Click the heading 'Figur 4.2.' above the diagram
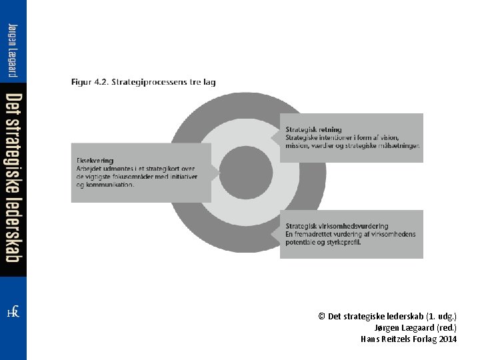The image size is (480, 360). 91,83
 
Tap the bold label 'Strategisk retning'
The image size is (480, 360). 313,129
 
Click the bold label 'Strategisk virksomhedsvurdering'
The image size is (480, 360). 337,226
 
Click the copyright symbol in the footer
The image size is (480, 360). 322,316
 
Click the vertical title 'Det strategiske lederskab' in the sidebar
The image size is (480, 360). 13,179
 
